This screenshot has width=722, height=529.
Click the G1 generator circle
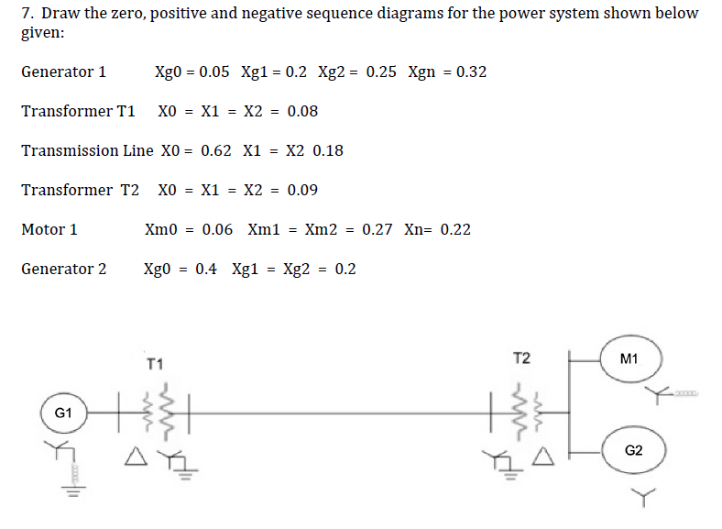(x=63, y=413)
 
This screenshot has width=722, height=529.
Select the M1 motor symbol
(x=629, y=358)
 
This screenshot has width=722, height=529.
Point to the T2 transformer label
(x=520, y=358)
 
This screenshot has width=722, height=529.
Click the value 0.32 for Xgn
(x=471, y=72)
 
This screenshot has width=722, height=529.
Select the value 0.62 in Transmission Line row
(x=215, y=150)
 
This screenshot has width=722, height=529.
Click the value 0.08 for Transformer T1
(x=302, y=111)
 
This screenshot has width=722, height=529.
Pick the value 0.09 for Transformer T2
(x=302, y=190)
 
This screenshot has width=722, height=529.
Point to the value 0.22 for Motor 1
(x=455, y=229)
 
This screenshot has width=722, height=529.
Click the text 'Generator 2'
(x=63, y=269)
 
